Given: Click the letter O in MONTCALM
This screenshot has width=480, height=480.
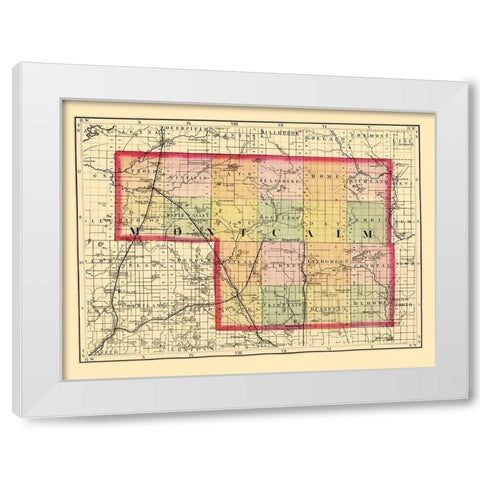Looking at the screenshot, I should tap(163, 232).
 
